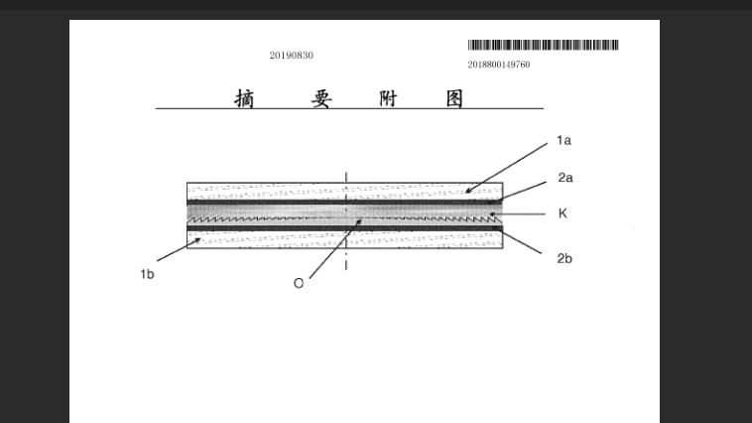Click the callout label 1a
564,140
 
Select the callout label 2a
565,178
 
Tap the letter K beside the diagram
563,213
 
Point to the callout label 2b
564,259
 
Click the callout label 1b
147,274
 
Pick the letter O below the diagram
299,283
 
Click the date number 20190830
291,56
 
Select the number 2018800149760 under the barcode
499,65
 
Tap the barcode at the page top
544,45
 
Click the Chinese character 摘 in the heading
244,99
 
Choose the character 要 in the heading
320,99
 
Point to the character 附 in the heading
388,99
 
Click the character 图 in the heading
454,99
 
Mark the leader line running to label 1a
506,168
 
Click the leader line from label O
335,249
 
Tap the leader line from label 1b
179,249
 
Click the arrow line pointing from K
517,214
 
